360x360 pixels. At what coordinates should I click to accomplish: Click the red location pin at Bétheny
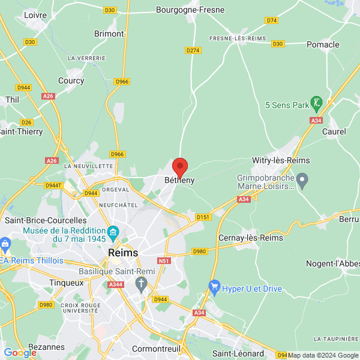180,166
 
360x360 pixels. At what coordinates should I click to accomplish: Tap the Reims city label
123,253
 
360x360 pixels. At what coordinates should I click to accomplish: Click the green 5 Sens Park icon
316,104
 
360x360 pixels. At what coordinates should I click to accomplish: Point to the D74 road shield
272,20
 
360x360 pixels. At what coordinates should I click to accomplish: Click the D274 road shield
193,50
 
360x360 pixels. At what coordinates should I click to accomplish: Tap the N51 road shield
164,261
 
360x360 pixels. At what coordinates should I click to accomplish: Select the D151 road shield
203,217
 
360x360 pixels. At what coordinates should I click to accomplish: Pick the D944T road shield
53,185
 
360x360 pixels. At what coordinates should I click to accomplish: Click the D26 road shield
26,122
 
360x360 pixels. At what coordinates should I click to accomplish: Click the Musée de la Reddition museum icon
112,232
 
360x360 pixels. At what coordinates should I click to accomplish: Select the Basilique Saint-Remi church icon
142,283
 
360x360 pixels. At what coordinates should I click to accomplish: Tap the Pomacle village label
323,44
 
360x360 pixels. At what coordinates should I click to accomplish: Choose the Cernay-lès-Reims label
251,238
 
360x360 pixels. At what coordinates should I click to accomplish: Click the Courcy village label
71,80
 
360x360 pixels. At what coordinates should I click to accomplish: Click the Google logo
20,353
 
